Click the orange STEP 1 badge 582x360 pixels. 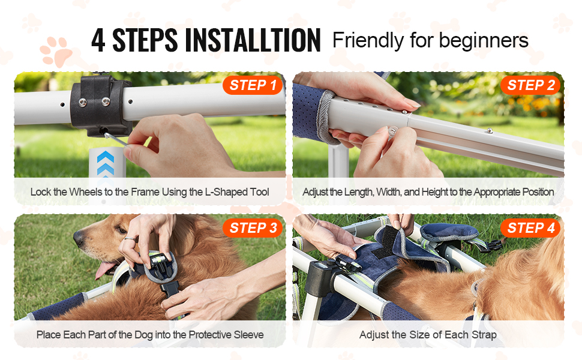pyautogui.click(x=253, y=85)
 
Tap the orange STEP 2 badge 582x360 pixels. pyautogui.click(x=530, y=85)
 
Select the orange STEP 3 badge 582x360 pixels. pyautogui.click(x=253, y=228)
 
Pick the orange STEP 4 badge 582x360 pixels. pyautogui.click(x=530, y=228)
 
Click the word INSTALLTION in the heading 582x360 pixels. pyautogui.click(x=253, y=40)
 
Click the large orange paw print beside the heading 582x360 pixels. pyautogui.click(x=56, y=51)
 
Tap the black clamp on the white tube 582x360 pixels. pyautogui.click(x=101, y=106)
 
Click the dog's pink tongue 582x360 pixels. pyautogui.click(x=104, y=269)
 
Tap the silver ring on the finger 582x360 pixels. pyautogui.click(x=129, y=239)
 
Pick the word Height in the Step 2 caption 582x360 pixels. pyautogui.click(x=434, y=192)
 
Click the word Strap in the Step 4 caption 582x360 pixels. pyautogui.click(x=484, y=335)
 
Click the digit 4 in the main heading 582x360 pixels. pyautogui.click(x=98, y=40)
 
